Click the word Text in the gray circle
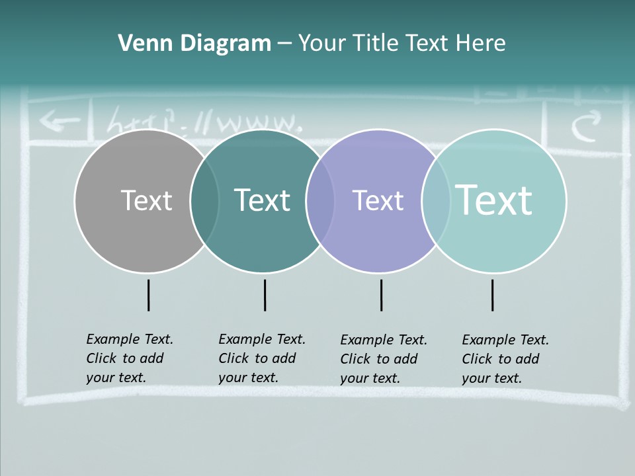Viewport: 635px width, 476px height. click(146, 200)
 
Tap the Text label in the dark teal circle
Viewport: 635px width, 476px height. click(262, 200)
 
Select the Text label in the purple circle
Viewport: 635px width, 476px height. click(378, 200)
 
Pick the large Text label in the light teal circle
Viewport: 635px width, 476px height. click(493, 200)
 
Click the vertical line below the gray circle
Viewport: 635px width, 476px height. click(148, 295)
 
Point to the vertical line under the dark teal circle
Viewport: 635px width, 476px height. click(265, 295)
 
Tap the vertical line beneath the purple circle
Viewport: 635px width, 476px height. click(381, 295)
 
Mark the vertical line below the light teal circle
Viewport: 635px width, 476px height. click(492, 295)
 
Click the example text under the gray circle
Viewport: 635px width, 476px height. click(130, 358)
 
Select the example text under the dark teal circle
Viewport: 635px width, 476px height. click(262, 358)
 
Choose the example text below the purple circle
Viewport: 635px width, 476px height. click(384, 359)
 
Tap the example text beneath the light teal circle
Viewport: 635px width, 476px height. click(505, 359)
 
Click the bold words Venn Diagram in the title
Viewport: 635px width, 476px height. click(194, 44)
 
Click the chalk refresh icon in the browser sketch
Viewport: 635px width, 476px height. click(586, 126)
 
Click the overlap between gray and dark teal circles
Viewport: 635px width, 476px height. click(204, 200)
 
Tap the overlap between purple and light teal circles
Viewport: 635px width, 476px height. click(436, 200)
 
